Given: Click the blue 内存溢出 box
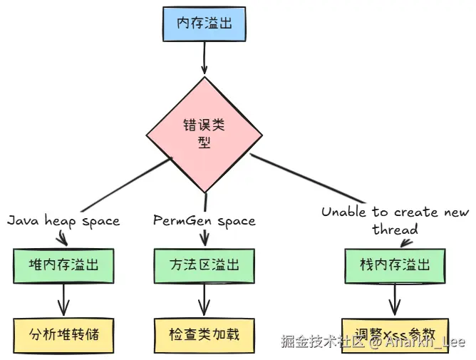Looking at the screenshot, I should (x=205, y=24).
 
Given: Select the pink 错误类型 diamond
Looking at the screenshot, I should (x=205, y=133).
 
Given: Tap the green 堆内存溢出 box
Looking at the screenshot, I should (x=63, y=265).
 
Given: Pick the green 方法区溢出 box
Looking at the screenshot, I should (x=205, y=265).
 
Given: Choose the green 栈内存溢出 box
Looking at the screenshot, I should (x=395, y=265).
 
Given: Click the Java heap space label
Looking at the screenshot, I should (x=63, y=221).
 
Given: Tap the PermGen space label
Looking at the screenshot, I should (x=205, y=221).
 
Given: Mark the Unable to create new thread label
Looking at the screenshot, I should (x=395, y=220).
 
